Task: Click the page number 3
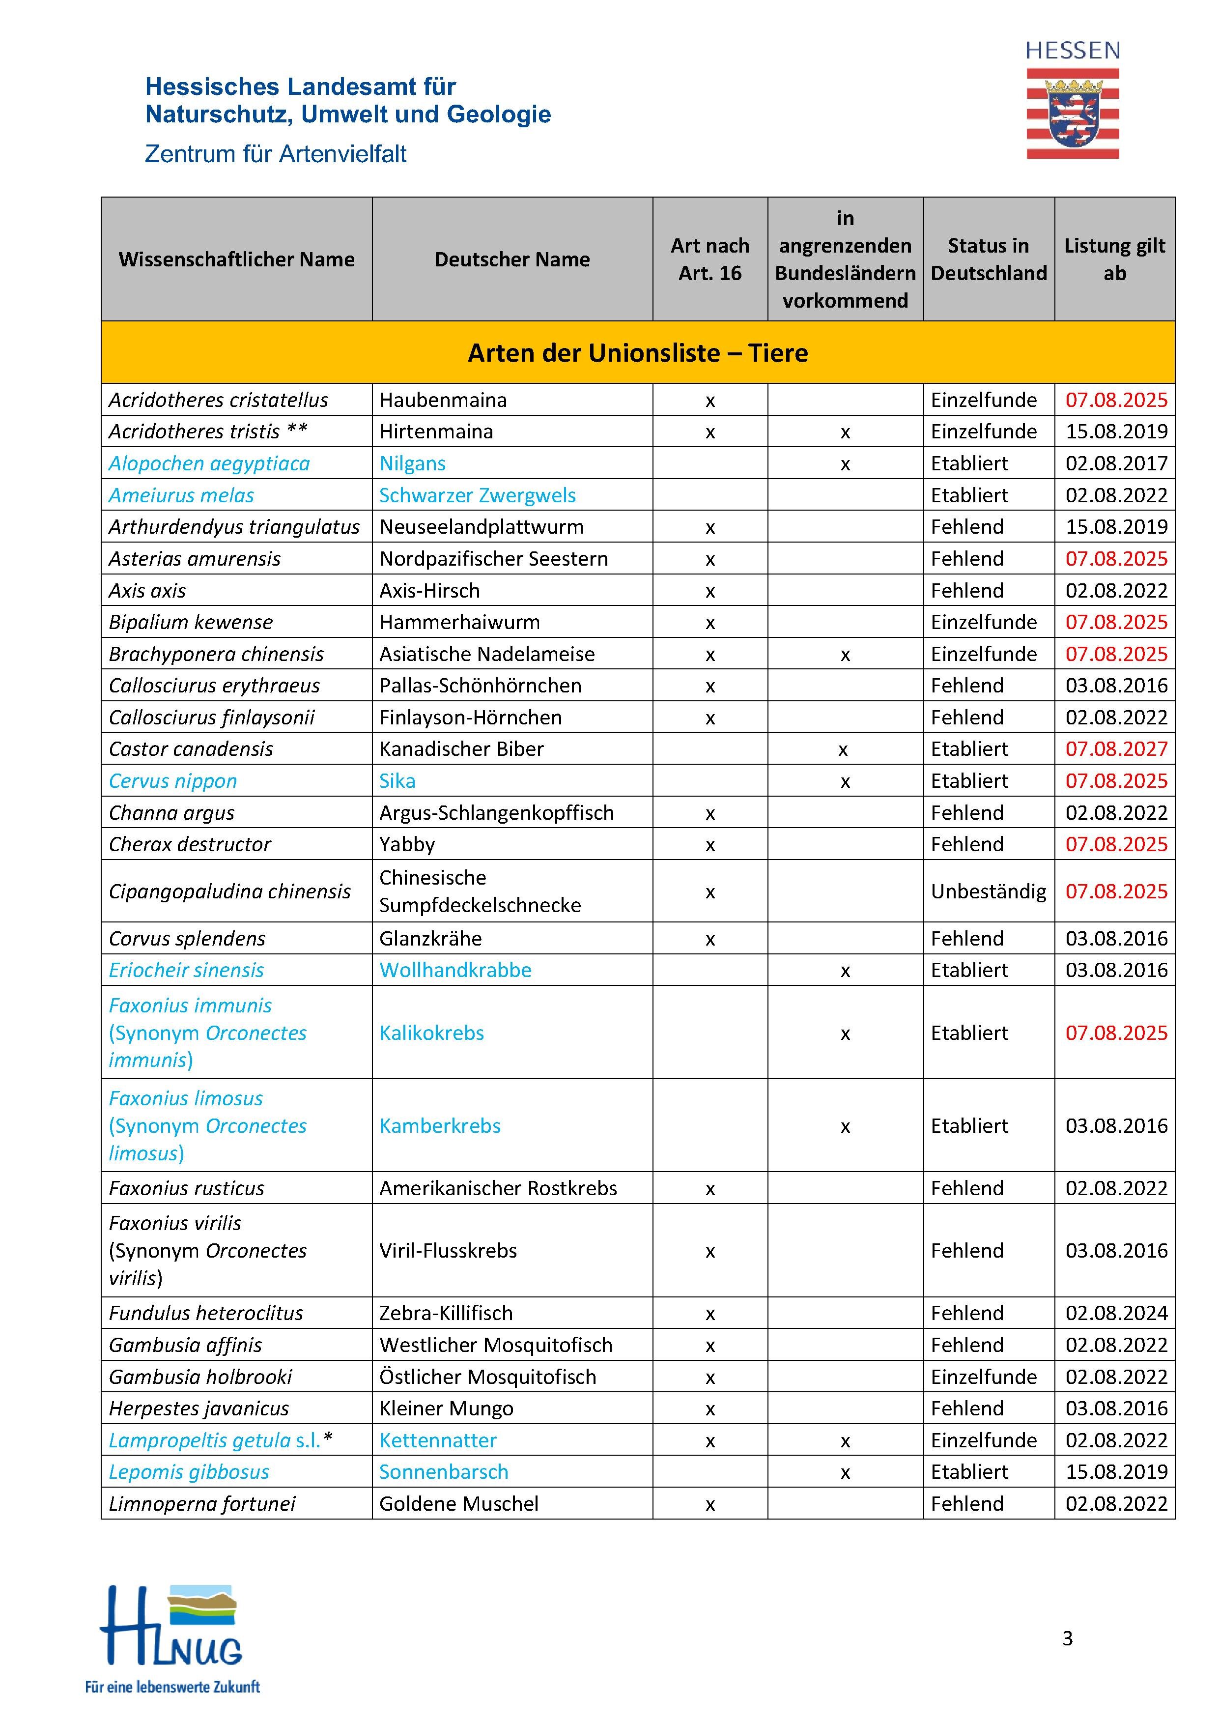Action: pos(1067,1638)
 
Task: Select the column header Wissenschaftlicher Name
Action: pos(236,259)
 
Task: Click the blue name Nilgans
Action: pos(412,463)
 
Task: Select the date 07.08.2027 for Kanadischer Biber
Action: pos(1116,748)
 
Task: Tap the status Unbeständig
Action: pos(988,891)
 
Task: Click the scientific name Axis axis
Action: pos(147,591)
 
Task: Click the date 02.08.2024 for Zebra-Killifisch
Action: pos(1116,1313)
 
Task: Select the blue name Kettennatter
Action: pos(438,1440)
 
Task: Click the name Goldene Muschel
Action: pos(458,1503)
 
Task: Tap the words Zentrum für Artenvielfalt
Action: pos(276,154)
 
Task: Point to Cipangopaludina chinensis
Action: pos(229,891)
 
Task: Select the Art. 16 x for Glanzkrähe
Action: pos(709,939)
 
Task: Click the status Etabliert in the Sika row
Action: pos(969,781)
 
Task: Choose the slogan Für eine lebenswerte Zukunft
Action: pos(172,1687)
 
